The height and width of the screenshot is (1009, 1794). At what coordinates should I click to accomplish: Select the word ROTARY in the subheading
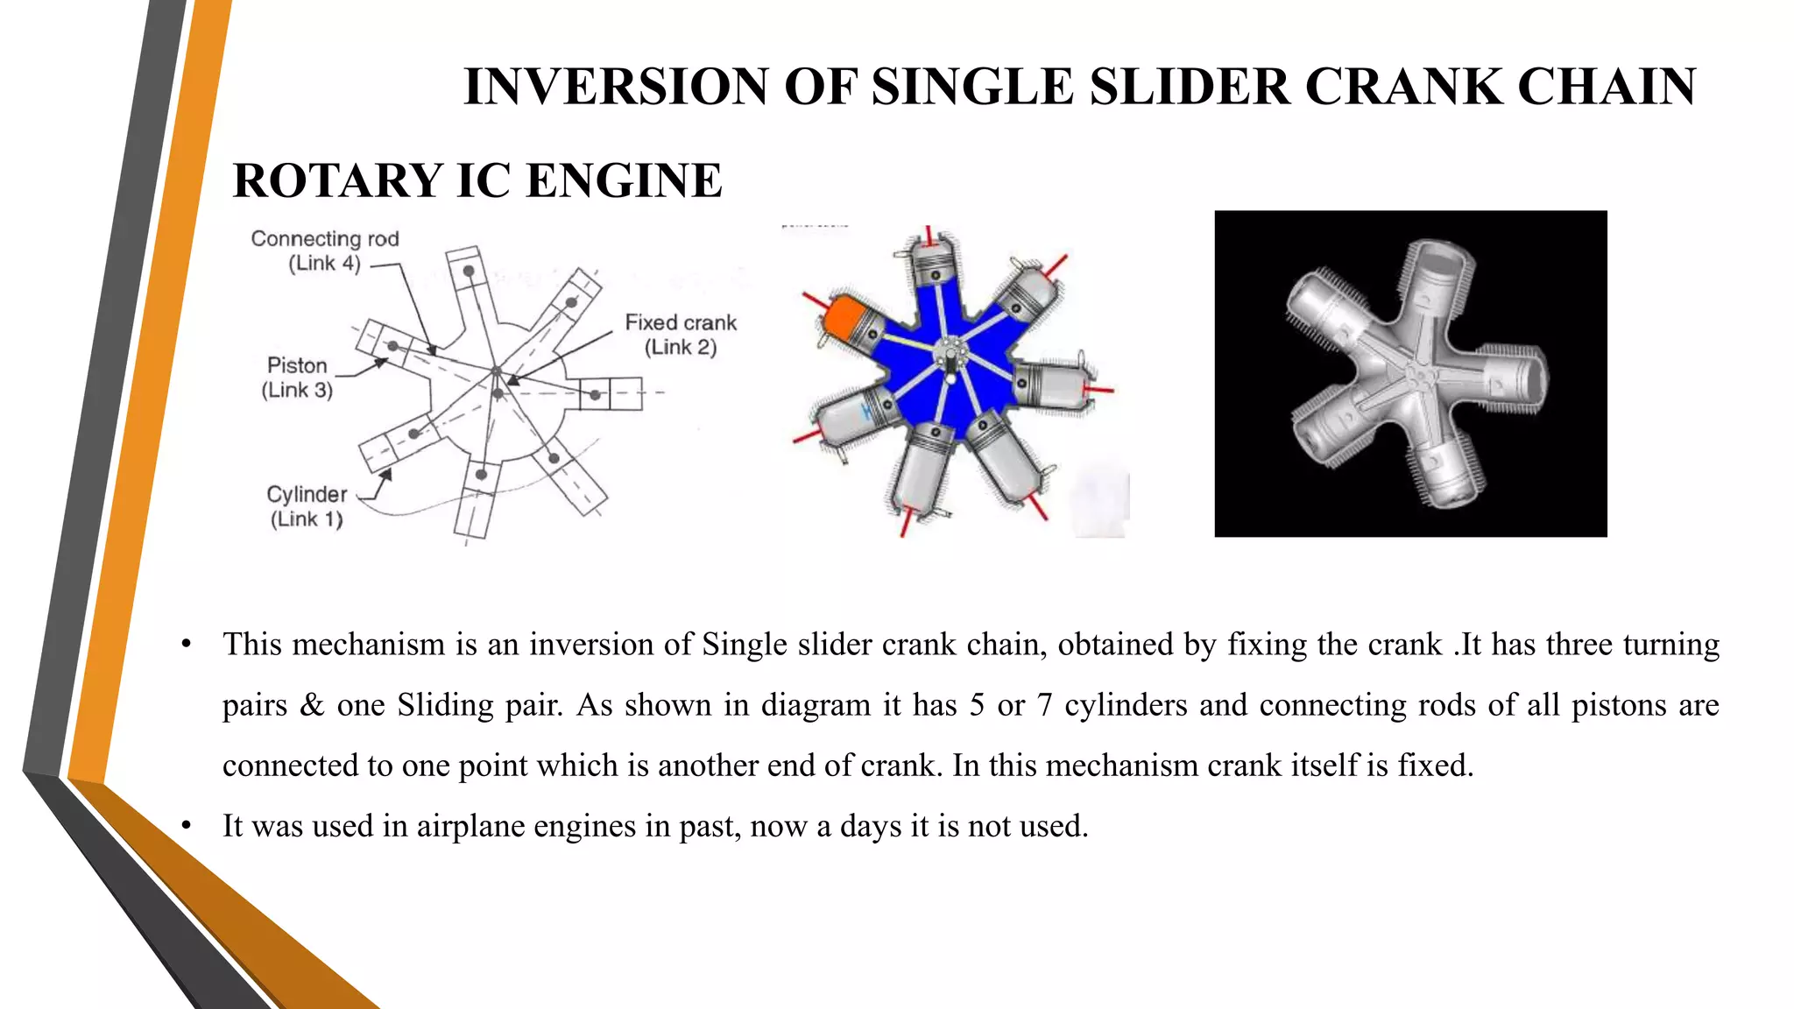(338, 181)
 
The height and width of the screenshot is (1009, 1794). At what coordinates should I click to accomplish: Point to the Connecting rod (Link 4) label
(325, 250)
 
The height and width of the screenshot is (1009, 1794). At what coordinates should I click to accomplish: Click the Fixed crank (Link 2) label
(681, 335)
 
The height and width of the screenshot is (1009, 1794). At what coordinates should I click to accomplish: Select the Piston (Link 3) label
(297, 377)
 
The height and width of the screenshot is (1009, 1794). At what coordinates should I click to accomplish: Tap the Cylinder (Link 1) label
(307, 506)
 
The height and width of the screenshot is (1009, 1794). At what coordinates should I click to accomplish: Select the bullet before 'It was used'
(186, 827)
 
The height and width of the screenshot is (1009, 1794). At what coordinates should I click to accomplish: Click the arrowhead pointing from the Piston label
(382, 361)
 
